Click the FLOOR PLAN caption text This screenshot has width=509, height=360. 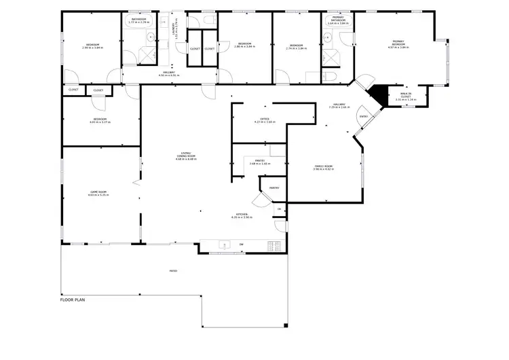[73, 299]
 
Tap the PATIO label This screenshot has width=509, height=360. [174, 271]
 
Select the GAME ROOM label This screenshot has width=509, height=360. [99, 194]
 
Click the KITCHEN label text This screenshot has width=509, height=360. [242, 216]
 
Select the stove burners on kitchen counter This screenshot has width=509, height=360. [274, 245]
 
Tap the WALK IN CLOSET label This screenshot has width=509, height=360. [406, 96]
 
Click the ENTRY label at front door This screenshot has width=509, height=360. [364, 116]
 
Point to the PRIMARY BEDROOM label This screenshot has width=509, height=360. [399, 44]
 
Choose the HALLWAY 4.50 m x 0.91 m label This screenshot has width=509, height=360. [169, 73]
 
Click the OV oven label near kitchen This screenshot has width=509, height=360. [280, 209]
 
